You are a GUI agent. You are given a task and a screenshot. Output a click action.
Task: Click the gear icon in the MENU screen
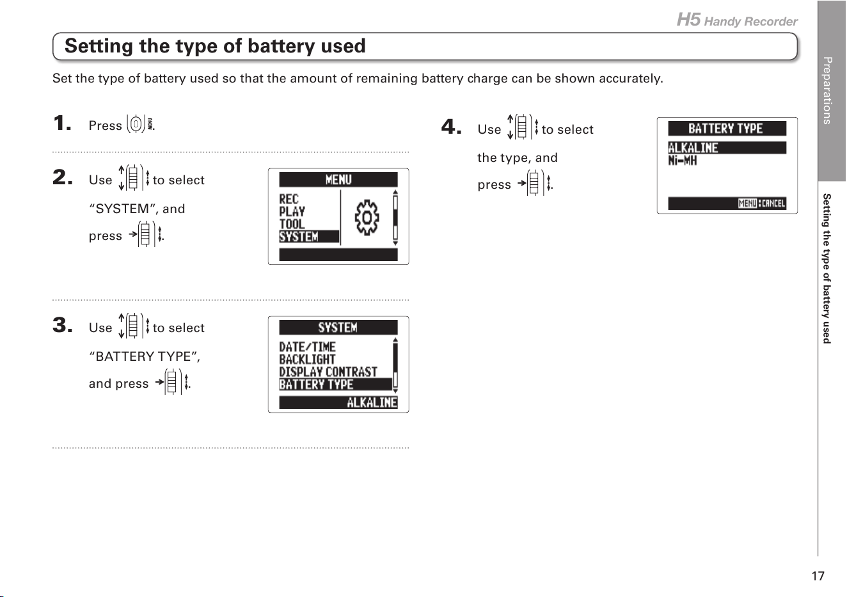pyautogui.click(x=367, y=218)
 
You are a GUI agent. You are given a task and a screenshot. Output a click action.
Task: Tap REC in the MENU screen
pyautogui.click(x=289, y=199)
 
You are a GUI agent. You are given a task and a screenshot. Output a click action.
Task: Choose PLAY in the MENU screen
pyautogui.click(x=292, y=212)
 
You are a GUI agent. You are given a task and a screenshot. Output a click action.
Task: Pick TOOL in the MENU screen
pyautogui.click(x=292, y=224)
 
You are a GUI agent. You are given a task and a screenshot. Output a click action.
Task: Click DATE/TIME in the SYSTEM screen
pyautogui.click(x=308, y=347)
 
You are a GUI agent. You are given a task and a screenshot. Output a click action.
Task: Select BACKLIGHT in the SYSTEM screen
pyautogui.click(x=308, y=360)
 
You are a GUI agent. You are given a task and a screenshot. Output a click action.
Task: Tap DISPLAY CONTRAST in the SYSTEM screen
pyautogui.click(x=328, y=372)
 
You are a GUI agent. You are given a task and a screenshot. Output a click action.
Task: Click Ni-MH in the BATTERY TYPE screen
pyautogui.click(x=682, y=161)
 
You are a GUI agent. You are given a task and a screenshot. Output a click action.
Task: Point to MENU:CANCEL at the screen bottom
pyautogui.click(x=761, y=203)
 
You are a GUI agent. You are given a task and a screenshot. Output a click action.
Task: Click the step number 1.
pyautogui.click(x=62, y=123)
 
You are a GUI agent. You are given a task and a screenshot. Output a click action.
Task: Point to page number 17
pyautogui.click(x=818, y=576)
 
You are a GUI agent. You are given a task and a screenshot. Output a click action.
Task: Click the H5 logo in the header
pyautogui.click(x=688, y=20)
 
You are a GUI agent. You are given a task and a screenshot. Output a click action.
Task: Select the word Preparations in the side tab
pyautogui.click(x=827, y=90)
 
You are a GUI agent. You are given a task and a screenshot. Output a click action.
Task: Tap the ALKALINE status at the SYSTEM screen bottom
pyautogui.click(x=372, y=402)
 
